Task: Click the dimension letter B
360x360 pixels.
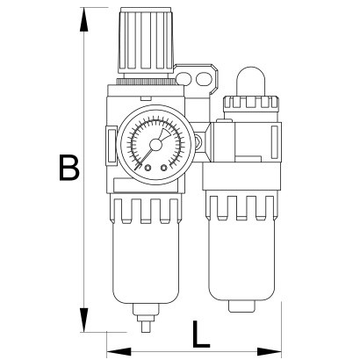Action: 69,167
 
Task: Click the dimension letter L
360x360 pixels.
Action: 201,334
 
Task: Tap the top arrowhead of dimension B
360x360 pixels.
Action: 84,19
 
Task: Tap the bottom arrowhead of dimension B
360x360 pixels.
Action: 84,320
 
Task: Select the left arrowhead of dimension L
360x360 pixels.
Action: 119,350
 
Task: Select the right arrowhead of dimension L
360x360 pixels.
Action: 270,350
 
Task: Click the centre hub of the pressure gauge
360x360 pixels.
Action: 155,145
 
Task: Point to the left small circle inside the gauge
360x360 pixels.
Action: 148,168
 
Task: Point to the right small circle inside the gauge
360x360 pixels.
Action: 163,168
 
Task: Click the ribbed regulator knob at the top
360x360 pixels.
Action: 146,40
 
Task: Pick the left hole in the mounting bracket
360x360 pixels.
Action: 183,79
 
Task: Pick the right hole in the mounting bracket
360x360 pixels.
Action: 203,79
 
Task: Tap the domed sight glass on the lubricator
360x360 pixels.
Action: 251,82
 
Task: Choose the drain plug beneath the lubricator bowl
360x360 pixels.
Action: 241,306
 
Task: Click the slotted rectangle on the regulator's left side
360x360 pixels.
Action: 112,145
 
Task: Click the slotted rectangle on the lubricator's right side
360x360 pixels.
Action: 275,141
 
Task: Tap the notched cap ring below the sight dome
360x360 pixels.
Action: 251,103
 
